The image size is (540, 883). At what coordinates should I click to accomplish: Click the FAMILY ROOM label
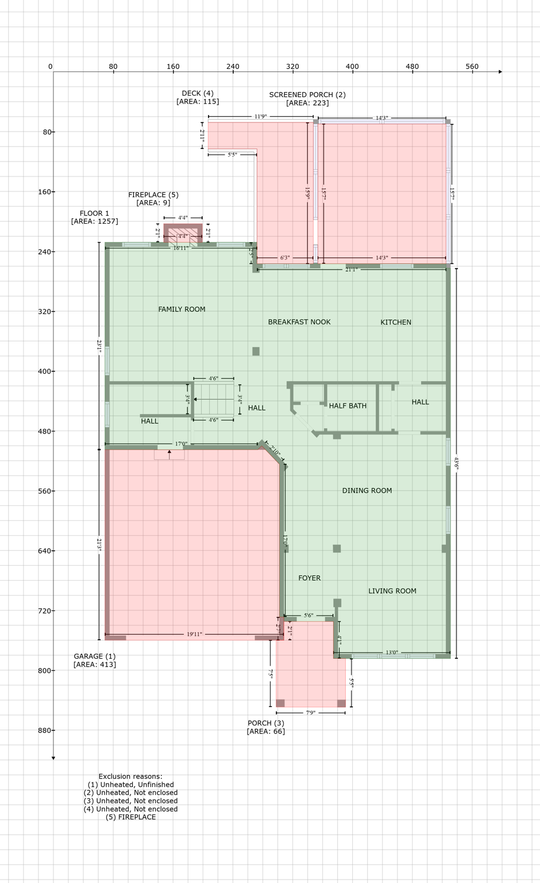(x=182, y=309)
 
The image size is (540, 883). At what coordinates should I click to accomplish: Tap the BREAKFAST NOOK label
(x=299, y=322)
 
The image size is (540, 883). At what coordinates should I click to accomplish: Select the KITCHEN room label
(x=396, y=322)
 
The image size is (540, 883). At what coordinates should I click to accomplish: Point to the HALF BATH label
(x=348, y=406)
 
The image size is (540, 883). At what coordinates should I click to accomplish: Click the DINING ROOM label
(x=367, y=490)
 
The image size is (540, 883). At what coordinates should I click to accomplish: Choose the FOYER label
(x=309, y=578)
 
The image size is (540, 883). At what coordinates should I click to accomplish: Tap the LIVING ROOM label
(x=392, y=591)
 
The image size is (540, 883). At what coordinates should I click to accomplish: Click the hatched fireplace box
(x=183, y=236)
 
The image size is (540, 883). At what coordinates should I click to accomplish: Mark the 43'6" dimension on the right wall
(x=456, y=463)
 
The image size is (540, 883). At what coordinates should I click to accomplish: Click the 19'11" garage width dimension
(x=194, y=634)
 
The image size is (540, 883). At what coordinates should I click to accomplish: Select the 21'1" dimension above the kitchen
(x=350, y=269)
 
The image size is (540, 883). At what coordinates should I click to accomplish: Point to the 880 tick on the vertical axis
(x=46, y=730)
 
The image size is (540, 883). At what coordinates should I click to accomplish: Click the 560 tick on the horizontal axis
(x=472, y=67)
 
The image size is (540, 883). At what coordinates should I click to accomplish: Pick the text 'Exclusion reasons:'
(x=130, y=776)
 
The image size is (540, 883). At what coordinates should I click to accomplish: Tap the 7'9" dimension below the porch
(x=310, y=713)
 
